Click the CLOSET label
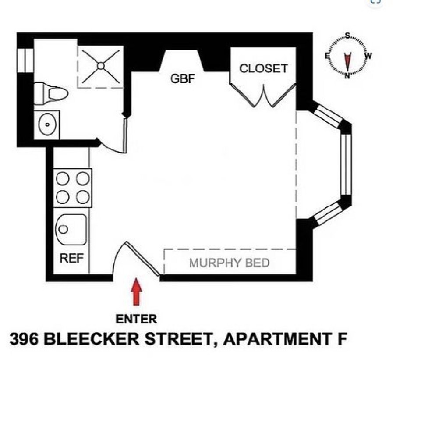(263, 68)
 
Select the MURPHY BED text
(229, 263)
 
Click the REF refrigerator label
(71, 258)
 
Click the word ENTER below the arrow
(136, 319)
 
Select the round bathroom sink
(47, 125)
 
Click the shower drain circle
(101, 66)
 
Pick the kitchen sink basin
(71, 229)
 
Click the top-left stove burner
(63, 178)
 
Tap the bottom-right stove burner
(82, 197)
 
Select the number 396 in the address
(24, 340)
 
